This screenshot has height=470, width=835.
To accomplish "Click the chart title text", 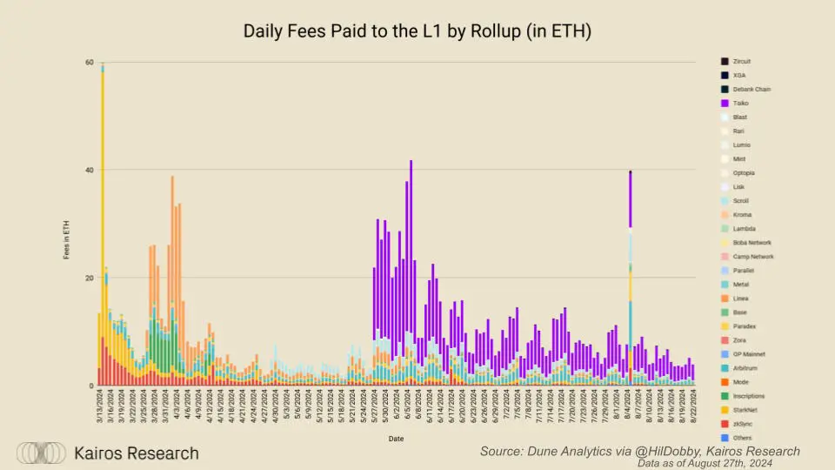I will (x=417, y=31).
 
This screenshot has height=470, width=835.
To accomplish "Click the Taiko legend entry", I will (x=739, y=103).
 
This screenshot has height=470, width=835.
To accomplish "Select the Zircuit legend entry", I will (x=739, y=61).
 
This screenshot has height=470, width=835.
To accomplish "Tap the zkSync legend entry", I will (x=740, y=424).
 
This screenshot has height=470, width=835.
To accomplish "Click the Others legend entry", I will (x=740, y=438).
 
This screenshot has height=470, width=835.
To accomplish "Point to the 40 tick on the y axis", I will (x=88, y=170).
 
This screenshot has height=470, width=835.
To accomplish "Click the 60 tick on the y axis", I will (x=88, y=62).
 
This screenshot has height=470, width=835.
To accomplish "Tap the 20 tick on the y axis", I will (x=88, y=279).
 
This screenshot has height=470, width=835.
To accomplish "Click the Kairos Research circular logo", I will (x=42, y=453).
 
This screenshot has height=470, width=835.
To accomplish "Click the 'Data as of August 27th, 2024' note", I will (x=718, y=463).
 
